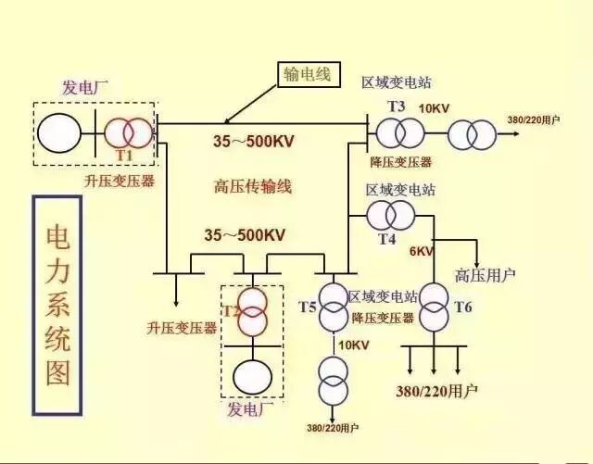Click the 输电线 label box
[x=307, y=74]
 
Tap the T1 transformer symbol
[x=127, y=132]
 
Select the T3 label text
[x=397, y=107]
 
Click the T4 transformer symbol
[x=390, y=216]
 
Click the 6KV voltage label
[x=421, y=252]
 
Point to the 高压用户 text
[x=485, y=275]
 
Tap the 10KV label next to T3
[x=434, y=108]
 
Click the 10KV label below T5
[x=353, y=345]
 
